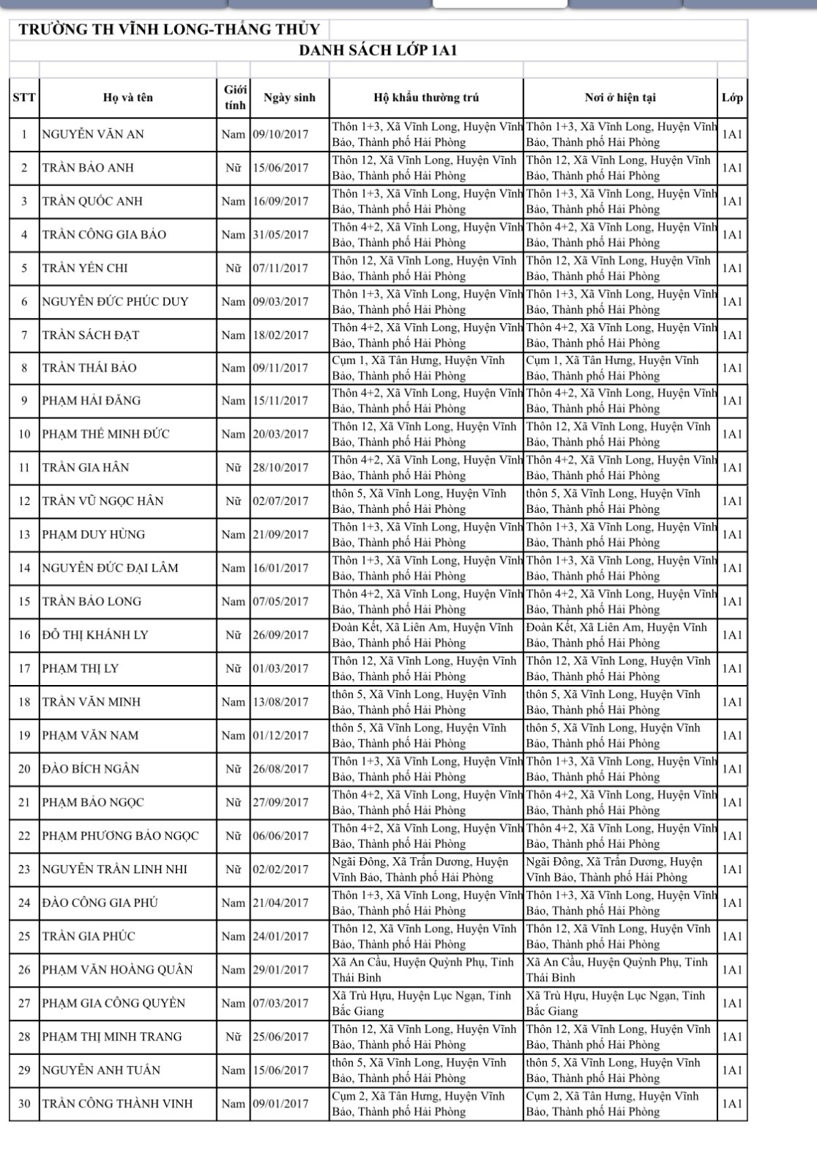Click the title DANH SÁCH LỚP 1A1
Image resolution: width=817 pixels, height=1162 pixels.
point(378,51)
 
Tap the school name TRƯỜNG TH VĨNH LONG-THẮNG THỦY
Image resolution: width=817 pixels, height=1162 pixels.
point(169,29)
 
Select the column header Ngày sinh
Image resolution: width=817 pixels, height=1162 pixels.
point(289,97)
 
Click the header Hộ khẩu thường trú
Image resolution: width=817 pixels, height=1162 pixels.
point(426,97)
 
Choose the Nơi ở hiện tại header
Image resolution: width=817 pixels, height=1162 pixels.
point(620,97)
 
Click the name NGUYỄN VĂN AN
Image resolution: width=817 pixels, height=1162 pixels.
point(93,135)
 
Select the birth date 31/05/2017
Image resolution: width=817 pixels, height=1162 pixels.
point(281,235)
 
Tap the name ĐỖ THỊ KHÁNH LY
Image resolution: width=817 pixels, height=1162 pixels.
point(95,635)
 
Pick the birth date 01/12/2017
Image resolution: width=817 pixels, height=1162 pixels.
point(281,736)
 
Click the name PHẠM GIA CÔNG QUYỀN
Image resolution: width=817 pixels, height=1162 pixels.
point(113,1004)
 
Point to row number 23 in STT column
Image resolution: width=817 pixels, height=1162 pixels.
point(24,870)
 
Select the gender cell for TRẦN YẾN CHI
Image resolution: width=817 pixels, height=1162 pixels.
point(234,268)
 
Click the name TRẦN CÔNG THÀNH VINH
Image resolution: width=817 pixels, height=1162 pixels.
point(117,1104)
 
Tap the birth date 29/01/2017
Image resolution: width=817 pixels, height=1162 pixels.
point(281,970)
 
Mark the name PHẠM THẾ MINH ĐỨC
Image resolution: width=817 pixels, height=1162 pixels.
point(105,434)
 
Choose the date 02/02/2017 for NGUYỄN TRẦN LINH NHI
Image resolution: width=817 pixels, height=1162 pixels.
point(281,870)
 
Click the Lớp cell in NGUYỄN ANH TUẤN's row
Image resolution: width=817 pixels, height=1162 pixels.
point(732,1070)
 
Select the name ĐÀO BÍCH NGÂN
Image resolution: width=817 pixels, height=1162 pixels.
point(91,769)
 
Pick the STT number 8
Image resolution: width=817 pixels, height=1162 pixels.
point(24,368)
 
